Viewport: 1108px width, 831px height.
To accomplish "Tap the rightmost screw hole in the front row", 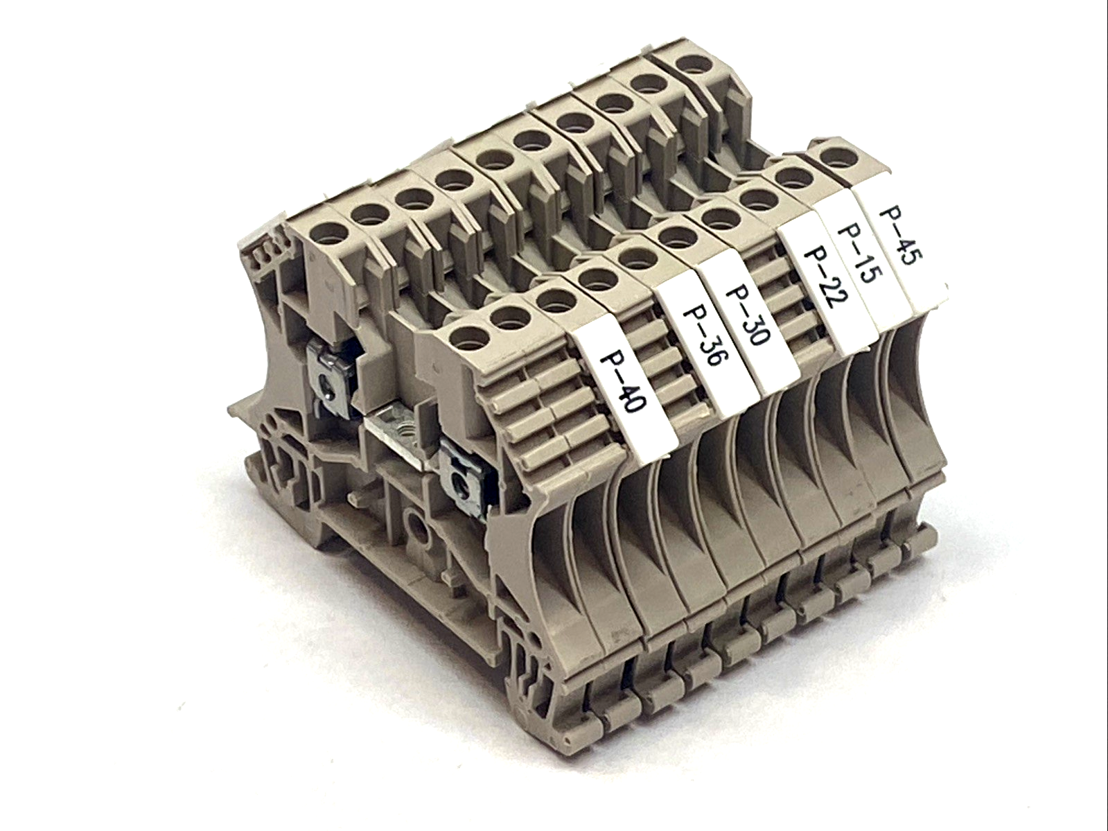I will click(x=834, y=153).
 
